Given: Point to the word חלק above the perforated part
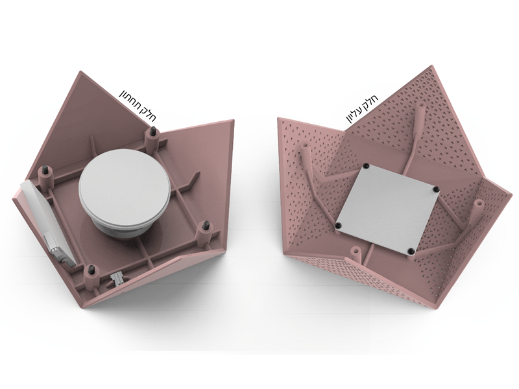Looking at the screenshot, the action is [372, 99].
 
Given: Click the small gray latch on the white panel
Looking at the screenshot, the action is [53, 246].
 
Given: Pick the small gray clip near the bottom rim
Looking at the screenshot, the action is [117, 278].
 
